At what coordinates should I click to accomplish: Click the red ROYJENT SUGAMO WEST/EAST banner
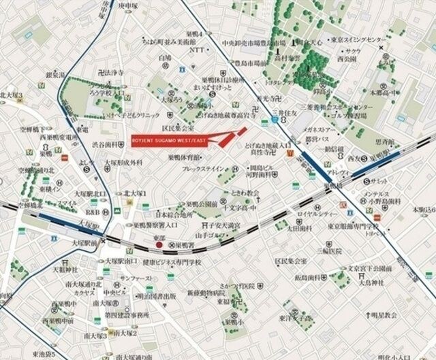point(170,140)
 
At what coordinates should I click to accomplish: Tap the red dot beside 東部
point(158,244)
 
